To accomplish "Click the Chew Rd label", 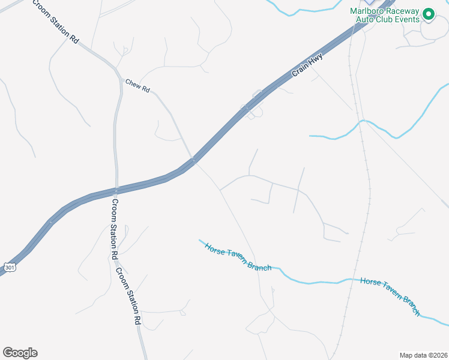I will (x=137, y=86).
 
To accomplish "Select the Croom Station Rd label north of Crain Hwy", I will (x=56, y=22).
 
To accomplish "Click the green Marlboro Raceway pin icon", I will (x=429, y=13).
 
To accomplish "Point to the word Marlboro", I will (x=367, y=10).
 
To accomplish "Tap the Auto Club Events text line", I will (x=387, y=19).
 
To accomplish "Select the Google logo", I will (x=20, y=353).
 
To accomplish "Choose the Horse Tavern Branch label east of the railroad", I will (x=390, y=296).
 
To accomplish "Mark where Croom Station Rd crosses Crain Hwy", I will (x=116, y=190).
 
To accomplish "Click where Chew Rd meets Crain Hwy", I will (x=193, y=160).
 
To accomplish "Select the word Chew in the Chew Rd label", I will (x=133, y=85).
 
